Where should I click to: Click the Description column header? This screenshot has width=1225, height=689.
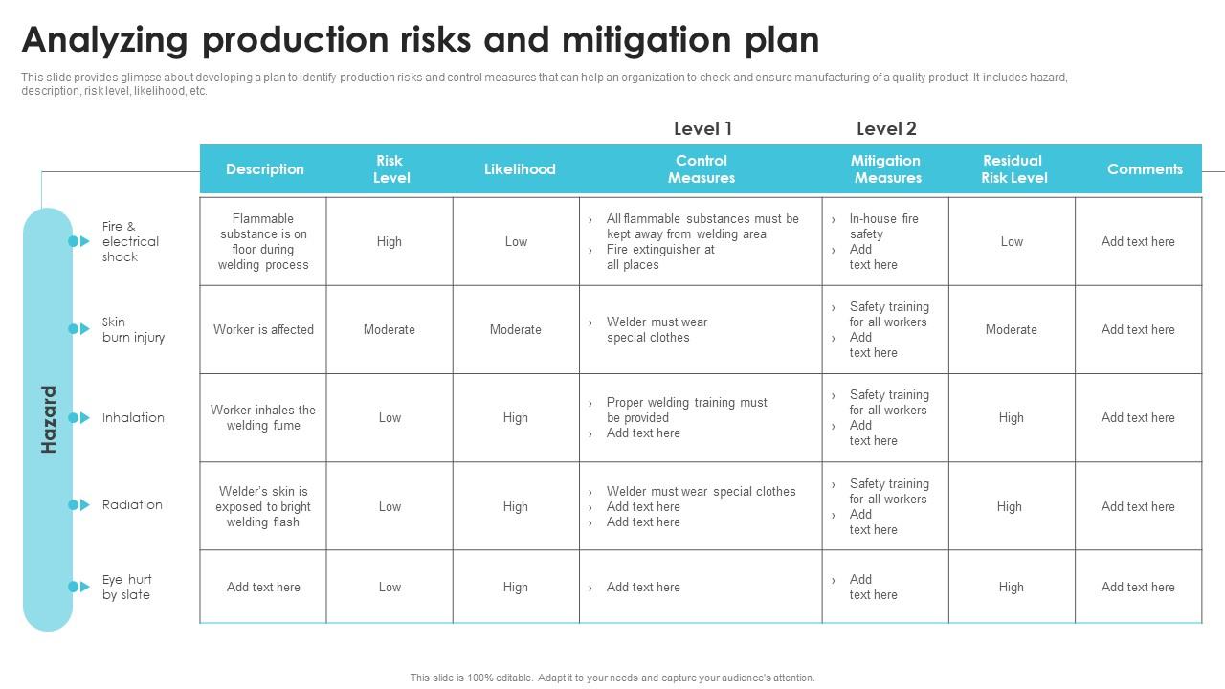coord(264,169)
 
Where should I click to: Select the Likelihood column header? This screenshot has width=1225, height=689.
coord(520,169)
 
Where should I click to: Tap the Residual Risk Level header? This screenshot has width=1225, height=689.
coord(1013,169)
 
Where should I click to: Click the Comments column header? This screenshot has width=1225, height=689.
coord(1145,169)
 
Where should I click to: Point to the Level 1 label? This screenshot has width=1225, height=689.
coord(702,128)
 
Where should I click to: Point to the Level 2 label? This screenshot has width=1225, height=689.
coord(886,128)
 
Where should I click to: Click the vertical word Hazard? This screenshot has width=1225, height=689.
coord(49,419)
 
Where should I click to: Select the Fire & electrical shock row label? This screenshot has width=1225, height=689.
coord(130,241)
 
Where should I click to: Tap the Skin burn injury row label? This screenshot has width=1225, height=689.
coord(133,329)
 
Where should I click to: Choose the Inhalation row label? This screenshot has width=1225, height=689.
coord(133,417)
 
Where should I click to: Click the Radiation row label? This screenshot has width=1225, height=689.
coord(132,504)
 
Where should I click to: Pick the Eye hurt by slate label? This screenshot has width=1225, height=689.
coord(126,587)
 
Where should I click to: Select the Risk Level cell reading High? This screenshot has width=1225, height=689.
coord(390,241)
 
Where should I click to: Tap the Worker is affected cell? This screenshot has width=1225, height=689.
coord(263,329)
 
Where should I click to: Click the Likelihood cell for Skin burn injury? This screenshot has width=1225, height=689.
coord(516,329)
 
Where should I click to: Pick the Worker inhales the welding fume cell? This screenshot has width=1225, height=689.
coord(263,417)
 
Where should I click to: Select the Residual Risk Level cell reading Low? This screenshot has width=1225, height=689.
coord(1012,241)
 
